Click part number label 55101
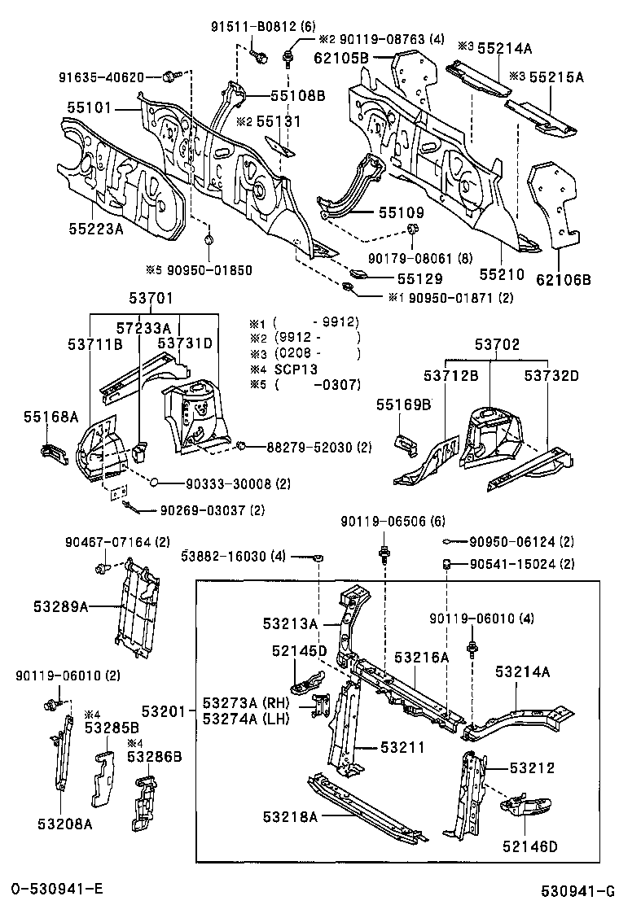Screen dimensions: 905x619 [x=90, y=107]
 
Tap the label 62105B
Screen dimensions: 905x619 [x=342, y=57]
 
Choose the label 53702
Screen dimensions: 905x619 [x=497, y=344]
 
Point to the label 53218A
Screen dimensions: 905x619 [x=290, y=815]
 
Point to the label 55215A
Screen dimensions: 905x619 [x=557, y=77]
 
